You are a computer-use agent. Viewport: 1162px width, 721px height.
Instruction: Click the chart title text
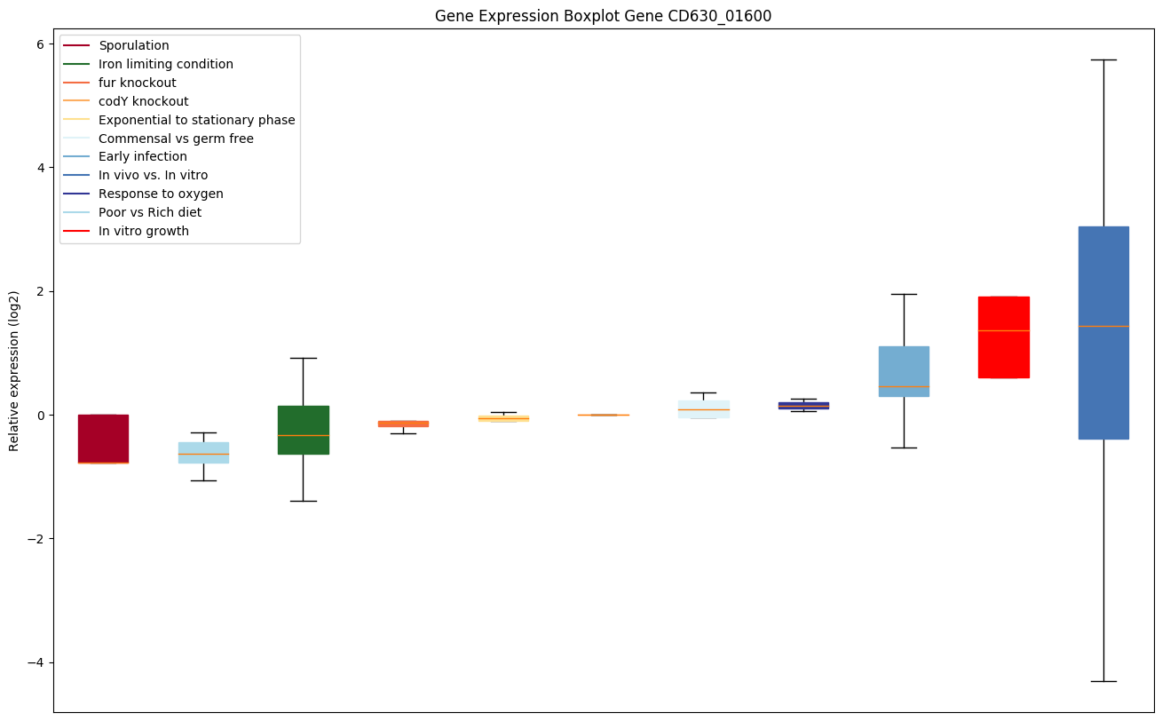[x=604, y=16]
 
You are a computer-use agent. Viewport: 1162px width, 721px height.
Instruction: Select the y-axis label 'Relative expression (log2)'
[x=14, y=370]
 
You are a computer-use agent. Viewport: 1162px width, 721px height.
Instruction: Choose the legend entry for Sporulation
[x=134, y=45]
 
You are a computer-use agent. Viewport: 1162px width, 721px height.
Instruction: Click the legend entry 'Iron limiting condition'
[x=166, y=64]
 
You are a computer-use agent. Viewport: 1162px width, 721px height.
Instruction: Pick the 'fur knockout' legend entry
[x=138, y=83]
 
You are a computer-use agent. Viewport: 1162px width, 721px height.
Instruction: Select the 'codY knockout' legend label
[x=144, y=101]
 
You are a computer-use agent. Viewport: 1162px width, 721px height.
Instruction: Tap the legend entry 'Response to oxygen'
[x=161, y=194]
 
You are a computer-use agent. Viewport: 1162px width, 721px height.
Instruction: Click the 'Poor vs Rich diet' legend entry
[x=150, y=212]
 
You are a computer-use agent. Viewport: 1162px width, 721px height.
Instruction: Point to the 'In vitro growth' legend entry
[x=144, y=231]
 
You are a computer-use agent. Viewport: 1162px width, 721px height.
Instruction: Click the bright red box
[x=1003, y=337]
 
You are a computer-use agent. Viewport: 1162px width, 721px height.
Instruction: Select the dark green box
[x=304, y=430]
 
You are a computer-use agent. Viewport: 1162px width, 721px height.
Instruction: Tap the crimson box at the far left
[x=103, y=439]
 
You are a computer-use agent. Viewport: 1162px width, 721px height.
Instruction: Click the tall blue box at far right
[x=1103, y=333]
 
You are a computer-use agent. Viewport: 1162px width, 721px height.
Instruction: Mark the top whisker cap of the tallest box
[x=1103, y=59]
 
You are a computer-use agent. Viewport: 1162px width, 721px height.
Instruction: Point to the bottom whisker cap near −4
[x=1103, y=681]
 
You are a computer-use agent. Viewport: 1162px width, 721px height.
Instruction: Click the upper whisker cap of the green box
[x=304, y=358]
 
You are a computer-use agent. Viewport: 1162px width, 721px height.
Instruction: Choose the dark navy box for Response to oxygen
[x=803, y=405]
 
